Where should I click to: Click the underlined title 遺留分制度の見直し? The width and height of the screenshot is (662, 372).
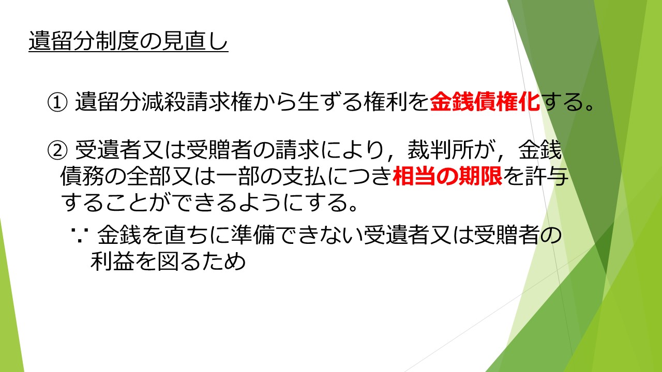coord(128,41)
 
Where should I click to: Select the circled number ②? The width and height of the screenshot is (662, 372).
coord(57,150)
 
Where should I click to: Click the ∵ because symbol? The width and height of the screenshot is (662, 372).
coord(80,235)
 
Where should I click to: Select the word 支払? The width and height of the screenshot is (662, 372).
coord(304,176)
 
